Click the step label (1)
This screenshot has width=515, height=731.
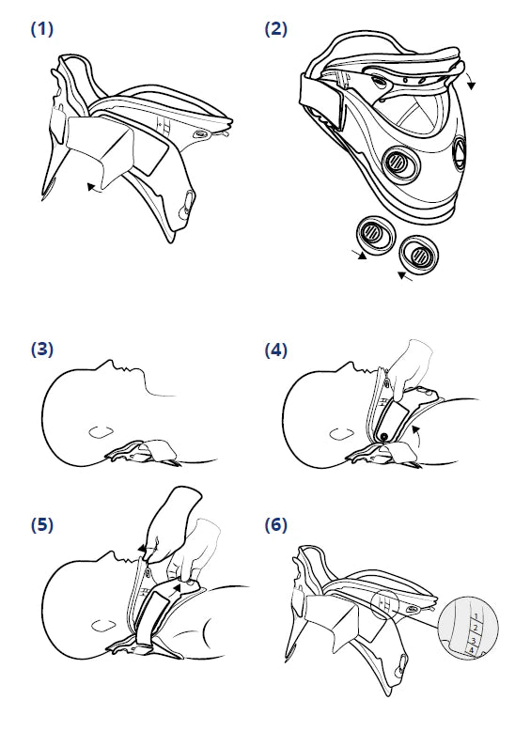(x=42, y=29)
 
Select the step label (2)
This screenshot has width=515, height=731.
(x=275, y=29)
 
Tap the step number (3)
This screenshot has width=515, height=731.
(x=42, y=350)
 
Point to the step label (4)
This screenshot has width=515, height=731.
(x=275, y=350)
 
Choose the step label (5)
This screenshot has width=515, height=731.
(x=42, y=524)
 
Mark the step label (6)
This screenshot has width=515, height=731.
(x=275, y=524)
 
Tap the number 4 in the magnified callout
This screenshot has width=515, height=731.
(x=472, y=650)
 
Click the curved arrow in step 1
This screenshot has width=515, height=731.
(x=96, y=187)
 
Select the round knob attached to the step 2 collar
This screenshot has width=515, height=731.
(x=398, y=163)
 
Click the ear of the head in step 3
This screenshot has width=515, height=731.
(x=101, y=430)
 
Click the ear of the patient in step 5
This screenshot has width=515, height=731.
(x=103, y=625)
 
